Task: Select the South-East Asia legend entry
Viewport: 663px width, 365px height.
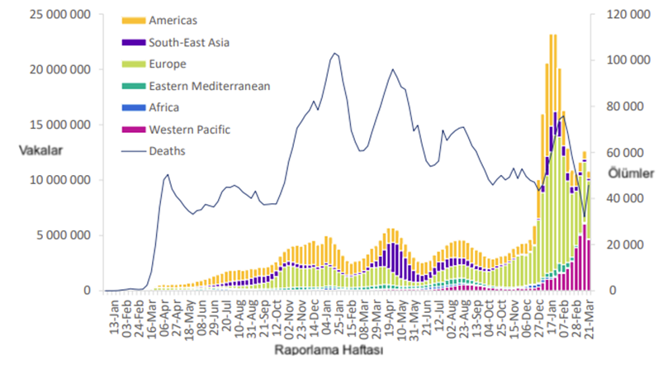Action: [x=189, y=41]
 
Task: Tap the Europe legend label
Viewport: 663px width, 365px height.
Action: [x=168, y=64]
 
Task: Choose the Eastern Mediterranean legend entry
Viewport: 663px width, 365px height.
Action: [x=210, y=85]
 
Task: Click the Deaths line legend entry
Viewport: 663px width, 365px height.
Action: [x=168, y=150]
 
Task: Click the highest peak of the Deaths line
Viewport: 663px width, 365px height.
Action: [x=334, y=53]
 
